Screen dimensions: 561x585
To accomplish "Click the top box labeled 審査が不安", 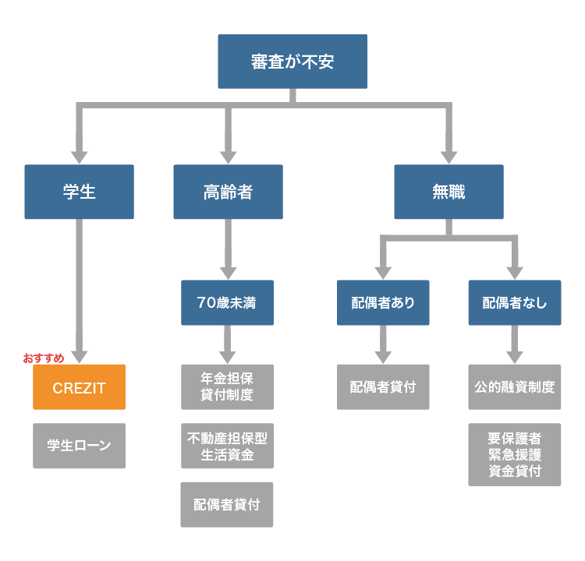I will pos(292,62).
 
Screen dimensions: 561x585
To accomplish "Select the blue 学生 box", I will pos(79,192).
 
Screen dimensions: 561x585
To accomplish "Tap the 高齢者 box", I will pos(228,192).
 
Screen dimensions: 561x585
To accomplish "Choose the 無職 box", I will pos(448,192).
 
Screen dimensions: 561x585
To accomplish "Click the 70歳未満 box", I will pos(228,302).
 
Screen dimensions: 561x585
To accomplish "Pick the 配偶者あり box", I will pos(383,302).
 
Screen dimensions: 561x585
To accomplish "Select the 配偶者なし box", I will pos(515,302).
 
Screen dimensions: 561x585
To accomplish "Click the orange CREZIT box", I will pos(79,387).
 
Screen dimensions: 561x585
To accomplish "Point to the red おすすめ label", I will pos(44,358).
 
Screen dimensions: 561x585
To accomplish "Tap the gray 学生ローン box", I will pos(79,446).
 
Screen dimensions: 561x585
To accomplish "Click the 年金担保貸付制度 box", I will pos(228,387).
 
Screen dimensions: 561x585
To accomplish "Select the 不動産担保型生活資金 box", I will pos(228,446).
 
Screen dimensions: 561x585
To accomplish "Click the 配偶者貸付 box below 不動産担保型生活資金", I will pos(228,504).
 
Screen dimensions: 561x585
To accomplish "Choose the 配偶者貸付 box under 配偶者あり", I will pos(383,387).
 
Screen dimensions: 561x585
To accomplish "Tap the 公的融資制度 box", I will pos(515,387).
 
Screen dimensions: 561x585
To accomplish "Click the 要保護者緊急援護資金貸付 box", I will pos(515,455).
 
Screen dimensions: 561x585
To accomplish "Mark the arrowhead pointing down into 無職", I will pos(448,155).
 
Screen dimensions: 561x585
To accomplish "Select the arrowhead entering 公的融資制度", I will pos(515,356).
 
